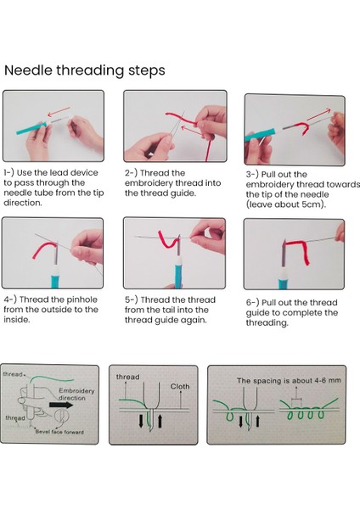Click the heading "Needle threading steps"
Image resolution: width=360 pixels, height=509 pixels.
pyautogui.click(x=84, y=70)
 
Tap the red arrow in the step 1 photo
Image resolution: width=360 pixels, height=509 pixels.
pyautogui.click(x=59, y=111)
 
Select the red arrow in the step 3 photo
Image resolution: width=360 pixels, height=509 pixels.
pyautogui.click(x=318, y=115)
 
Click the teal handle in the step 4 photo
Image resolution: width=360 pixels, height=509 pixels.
pyautogui.click(x=55, y=278)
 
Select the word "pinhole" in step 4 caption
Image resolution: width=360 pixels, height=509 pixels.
pyautogui.click(x=82, y=299)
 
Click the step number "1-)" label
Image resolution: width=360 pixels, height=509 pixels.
pyautogui.click(x=8, y=173)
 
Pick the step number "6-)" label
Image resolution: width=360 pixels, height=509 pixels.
pyautogui.click(x=252, y=303)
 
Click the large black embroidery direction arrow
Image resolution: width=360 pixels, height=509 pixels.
pyautogui.click(x=61, y=406)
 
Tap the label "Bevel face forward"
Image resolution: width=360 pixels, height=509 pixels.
pyautogui.click(x=59, y=432)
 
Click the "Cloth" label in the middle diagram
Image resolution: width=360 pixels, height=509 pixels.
pyautogui.click(x=180, y=387)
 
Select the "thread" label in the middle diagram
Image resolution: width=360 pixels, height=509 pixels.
pyautogui.click(x=127, y=377)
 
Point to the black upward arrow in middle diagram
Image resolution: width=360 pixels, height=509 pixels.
pyautogui.click(x=160, y=421)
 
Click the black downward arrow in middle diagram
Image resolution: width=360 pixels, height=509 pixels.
pyautogui.click(x=141, y=421)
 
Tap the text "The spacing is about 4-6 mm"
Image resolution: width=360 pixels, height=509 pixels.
pyautogui.click(x=289, y=380)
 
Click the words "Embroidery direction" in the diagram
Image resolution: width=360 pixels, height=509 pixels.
pyautogui.click(x=76, y=394)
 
